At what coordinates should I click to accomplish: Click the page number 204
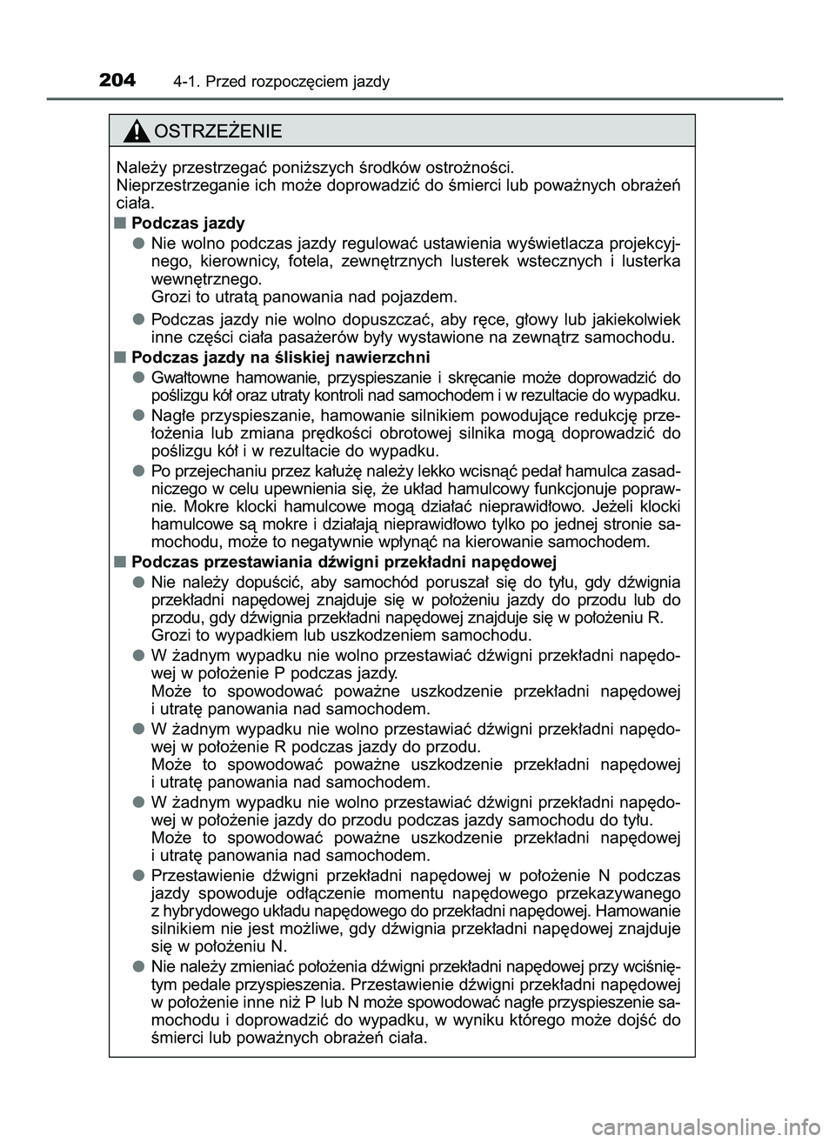tap(117, 81)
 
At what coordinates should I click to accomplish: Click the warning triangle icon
tap(137, 132)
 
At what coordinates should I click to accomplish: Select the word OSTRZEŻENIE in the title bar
tap(217, 132)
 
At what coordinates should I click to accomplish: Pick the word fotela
tap(310, 261)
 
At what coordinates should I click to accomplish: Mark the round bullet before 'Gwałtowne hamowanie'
tap(138, 377)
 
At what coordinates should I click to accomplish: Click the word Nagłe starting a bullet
tap(172, 414)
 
